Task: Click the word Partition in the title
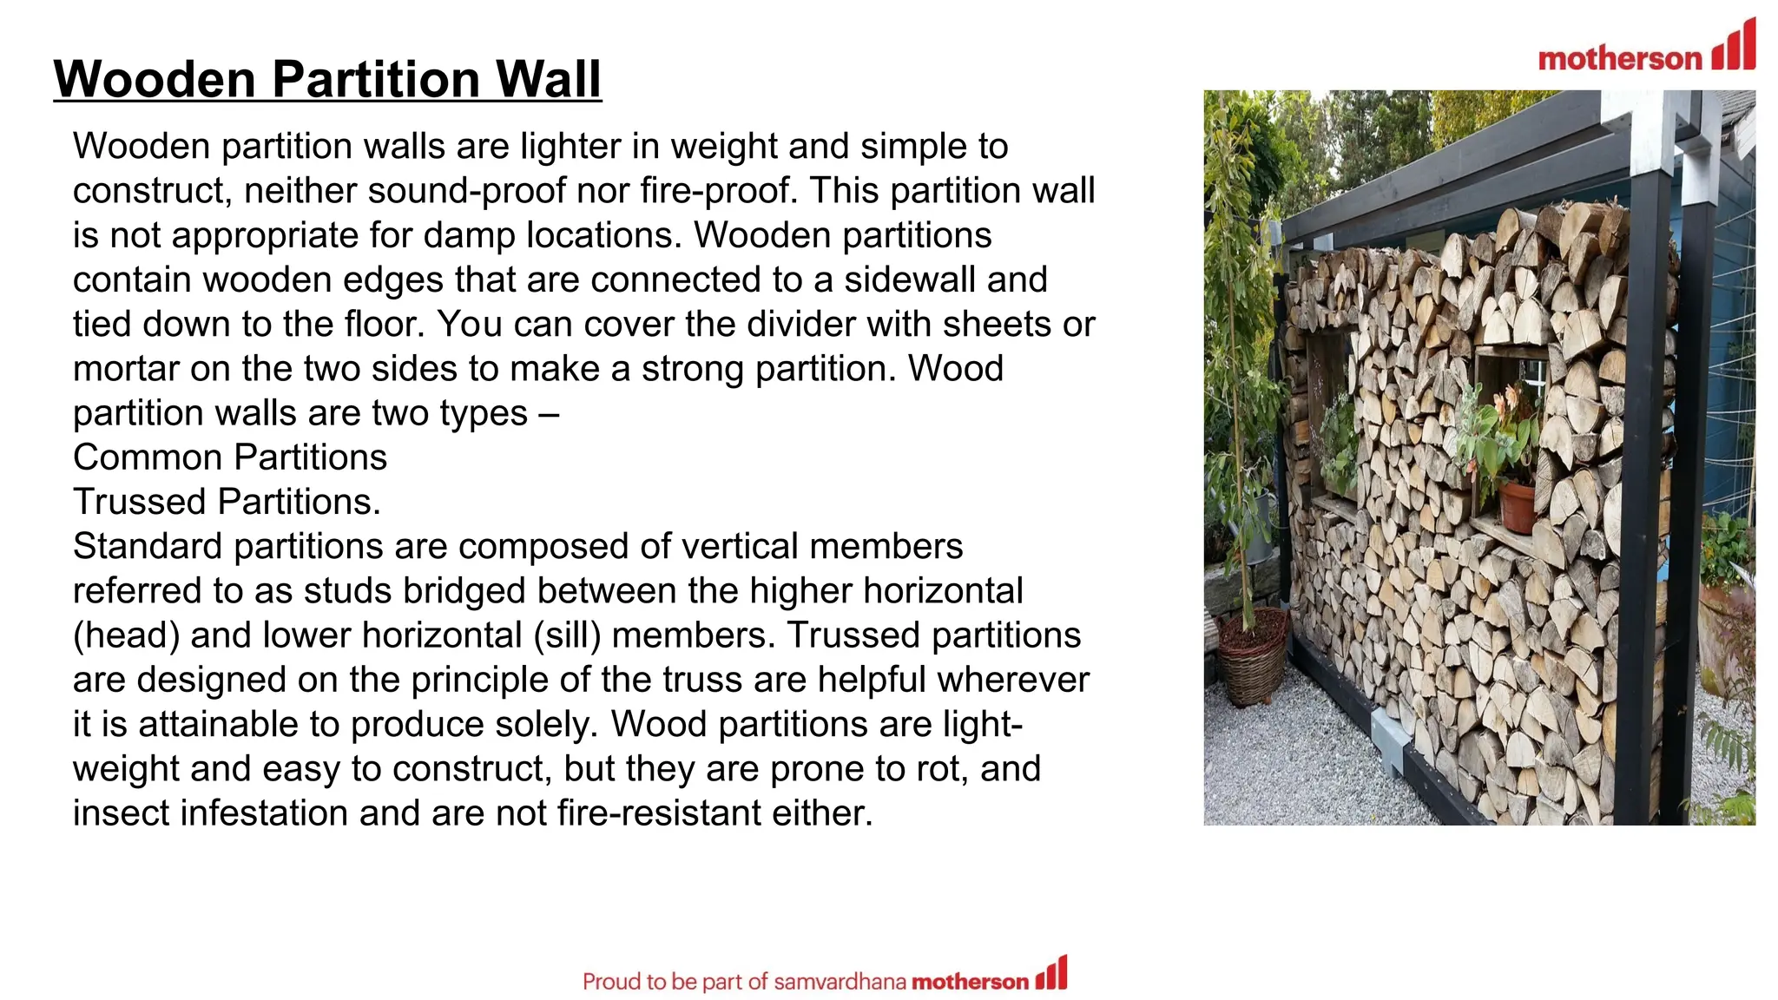click(374, 79)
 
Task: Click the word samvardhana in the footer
click(840, 982)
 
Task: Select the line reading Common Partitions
click(230, 457)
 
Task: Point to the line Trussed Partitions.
click(227, 502)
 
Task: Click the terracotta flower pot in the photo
click(1518, 507)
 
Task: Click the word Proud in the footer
click(611, 982)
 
